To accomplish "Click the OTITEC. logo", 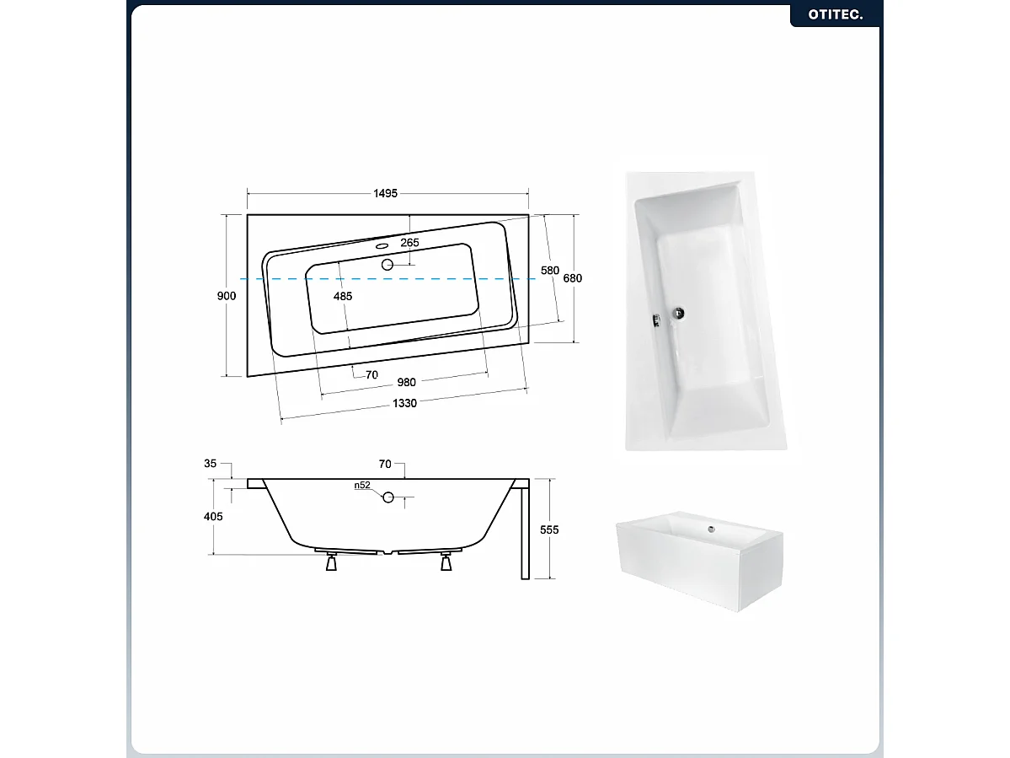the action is (836, 14).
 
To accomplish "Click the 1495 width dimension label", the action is (385, 193).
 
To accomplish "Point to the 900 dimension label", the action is (227, 296).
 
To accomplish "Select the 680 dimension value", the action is (573, 278).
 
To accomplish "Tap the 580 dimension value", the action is (550, 271).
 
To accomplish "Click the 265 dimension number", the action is (409, 242).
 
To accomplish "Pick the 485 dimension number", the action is (343, 297).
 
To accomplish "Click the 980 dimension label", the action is (407, 383).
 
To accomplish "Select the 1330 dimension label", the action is (404, 404).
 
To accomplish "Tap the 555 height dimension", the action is (549, 530).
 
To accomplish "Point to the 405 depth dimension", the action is (213, 516).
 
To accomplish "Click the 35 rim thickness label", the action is (210, 464).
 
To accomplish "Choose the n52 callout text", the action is (363, 486).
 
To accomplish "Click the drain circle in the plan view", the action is (387, 265).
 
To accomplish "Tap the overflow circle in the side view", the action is (387, 497).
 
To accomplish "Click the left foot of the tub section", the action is (332, 562).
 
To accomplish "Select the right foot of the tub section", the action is (446, 562).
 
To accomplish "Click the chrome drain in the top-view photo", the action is (678, 314).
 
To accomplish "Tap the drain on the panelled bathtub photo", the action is (711, 530).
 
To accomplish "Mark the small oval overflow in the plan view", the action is (382, 245).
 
